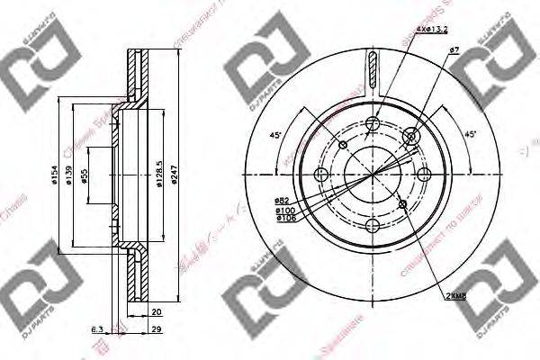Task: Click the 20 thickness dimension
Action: [157, 312]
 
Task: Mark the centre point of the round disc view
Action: [373, 174]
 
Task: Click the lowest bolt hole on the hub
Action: [373, 228]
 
